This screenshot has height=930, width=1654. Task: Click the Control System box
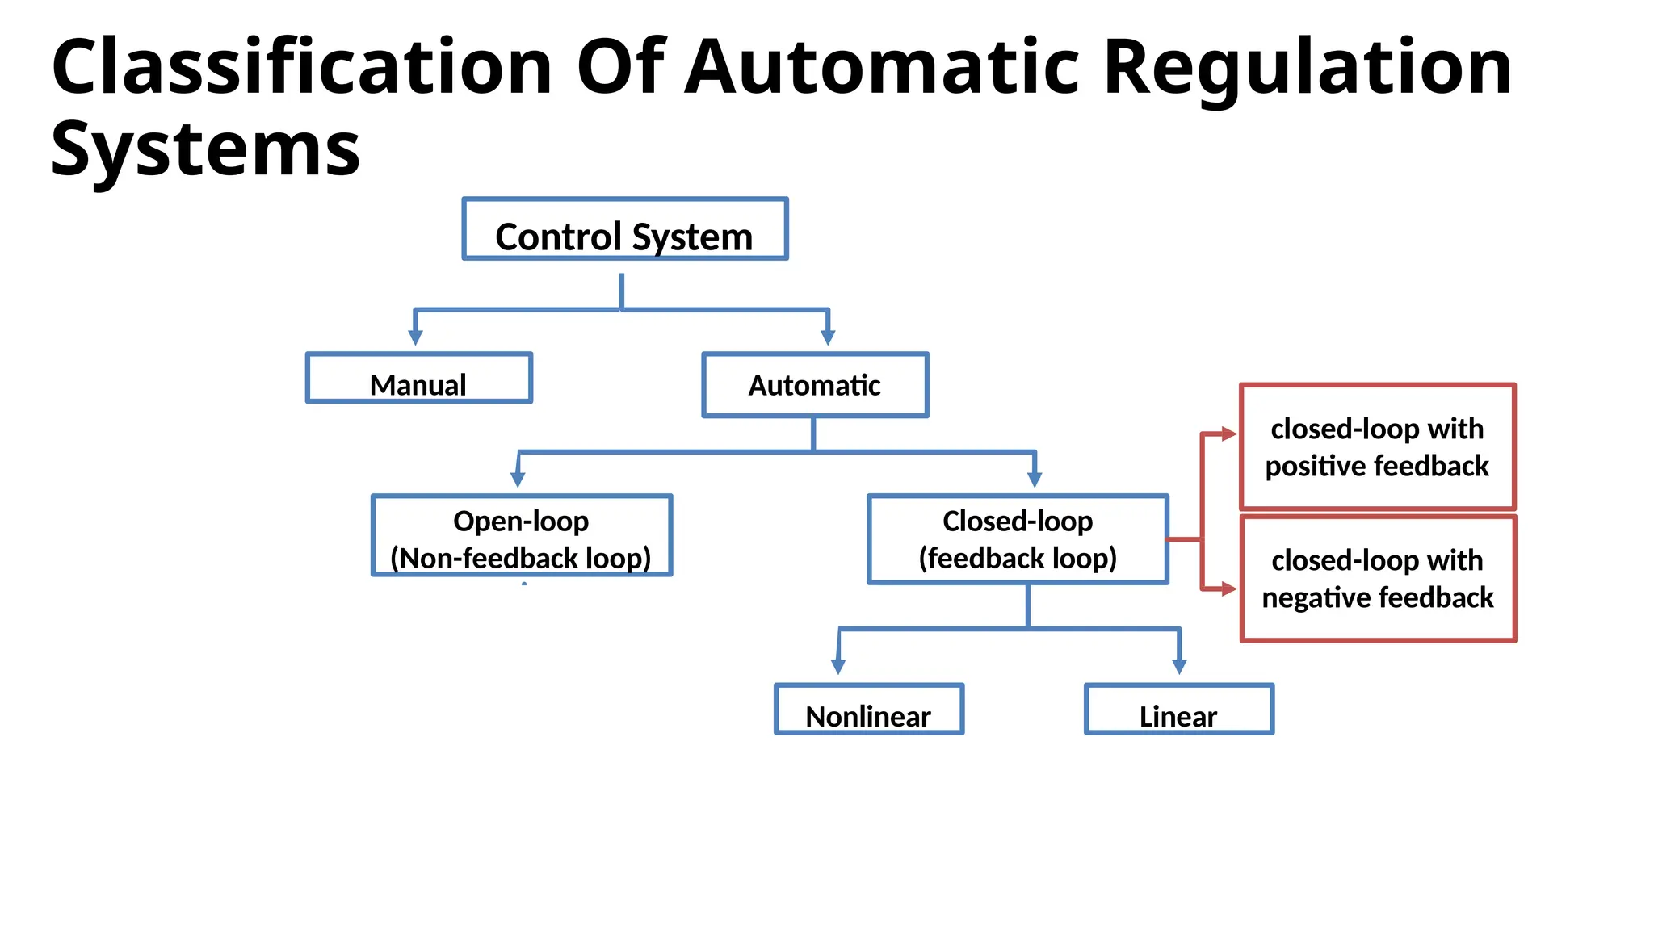pos(624,229)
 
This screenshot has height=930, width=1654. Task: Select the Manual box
pos(418,378)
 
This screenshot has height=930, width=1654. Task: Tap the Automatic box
pos(815,385)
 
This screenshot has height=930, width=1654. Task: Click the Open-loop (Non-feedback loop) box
pos(521,535)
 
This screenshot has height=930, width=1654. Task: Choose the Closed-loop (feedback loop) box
pos(1018,538)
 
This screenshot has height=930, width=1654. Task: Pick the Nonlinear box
pos(868,710)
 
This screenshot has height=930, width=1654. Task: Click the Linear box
pos(1178,710)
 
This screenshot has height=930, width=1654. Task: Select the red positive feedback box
pos(1377,446)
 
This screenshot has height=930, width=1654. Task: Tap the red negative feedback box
pos(1377,578)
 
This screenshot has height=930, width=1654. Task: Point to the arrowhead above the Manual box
pos(415,337)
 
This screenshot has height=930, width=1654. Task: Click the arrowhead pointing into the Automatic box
pos(827,337)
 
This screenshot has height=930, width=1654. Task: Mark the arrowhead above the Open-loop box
pos(518,480)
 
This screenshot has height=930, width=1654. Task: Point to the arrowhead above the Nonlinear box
pos(838,667)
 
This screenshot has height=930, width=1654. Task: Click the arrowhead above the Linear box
pos(1179,667)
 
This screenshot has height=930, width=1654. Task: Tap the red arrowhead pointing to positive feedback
pos(1228,434)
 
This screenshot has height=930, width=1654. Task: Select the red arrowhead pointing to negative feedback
pos(1228,589)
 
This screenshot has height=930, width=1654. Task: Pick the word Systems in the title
pos(205,150)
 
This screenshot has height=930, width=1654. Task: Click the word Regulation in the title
pos(1307,68)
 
